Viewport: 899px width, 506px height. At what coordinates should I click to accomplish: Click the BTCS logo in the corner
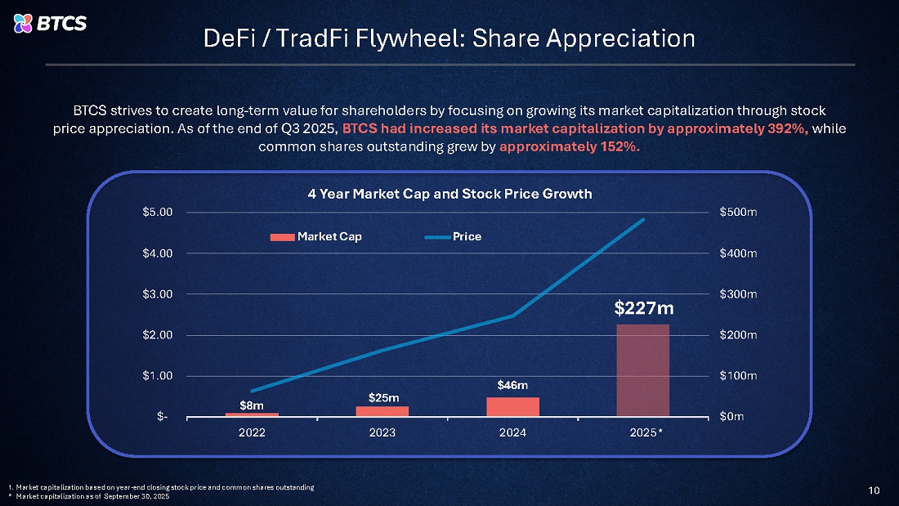(x=51, y=23)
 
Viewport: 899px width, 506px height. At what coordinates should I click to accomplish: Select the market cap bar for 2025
(x=643, y=369)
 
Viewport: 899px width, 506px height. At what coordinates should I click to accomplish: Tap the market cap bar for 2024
(x=512, y=406)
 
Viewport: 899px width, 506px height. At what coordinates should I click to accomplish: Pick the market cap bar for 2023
(x=382, y=410)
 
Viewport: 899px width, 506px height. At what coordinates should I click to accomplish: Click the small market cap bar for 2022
(x=252, y=414)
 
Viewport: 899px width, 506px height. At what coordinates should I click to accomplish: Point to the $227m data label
(x=643, y=308)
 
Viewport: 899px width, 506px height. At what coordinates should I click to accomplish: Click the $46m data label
(x=512, y=384)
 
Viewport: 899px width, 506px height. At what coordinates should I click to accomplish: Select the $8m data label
(x=252, y=405)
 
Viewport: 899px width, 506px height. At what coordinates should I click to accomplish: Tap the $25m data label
(x=382, y=397)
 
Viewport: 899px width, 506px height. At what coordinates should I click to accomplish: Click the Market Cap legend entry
(x=317, y=237)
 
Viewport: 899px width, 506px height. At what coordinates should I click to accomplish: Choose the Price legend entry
(x=454, y=237)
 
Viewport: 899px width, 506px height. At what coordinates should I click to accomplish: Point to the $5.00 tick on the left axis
(x=158, y=213)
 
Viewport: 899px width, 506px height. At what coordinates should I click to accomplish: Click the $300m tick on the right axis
(x=738, y=293)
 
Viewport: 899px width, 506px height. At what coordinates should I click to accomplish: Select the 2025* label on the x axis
(x=646, y=432)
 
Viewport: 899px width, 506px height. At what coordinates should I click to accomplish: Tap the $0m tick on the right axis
(x=732, y=417)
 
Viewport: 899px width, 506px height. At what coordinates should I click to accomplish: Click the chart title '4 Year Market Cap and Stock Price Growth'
(x=449, y=194)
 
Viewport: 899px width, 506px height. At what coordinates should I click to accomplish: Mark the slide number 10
(x=874, y=490)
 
